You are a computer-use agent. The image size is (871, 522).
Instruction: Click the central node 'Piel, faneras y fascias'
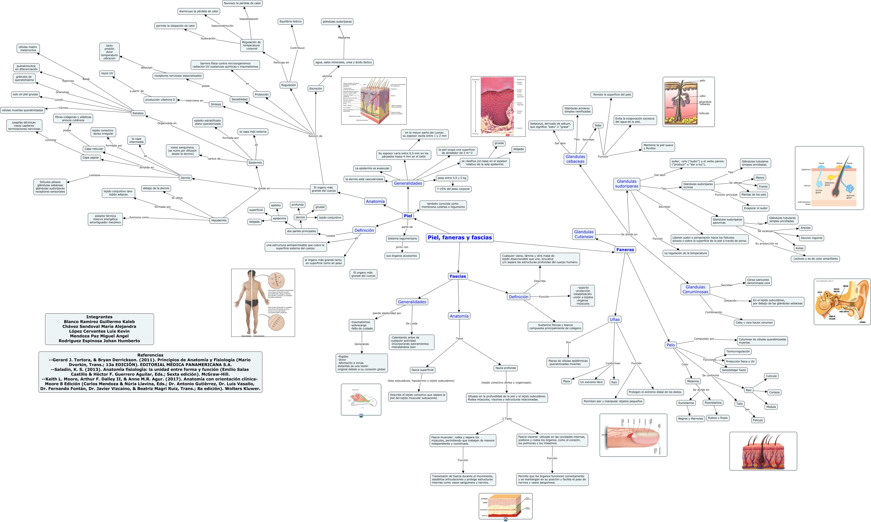(460, 238)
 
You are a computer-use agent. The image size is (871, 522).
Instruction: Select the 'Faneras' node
(625, 250)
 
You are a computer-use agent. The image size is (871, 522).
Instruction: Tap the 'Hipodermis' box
(219, 221)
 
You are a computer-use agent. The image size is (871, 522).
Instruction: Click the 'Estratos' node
(138, 113)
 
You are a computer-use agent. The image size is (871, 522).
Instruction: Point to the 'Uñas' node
(615, 319)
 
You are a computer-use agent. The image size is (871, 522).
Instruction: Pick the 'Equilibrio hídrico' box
(290, 21)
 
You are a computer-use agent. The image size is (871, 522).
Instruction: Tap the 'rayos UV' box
(107, 74)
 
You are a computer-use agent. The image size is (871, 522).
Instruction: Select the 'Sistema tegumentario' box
(402, 239)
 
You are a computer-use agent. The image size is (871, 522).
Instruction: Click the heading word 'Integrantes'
(99, 317)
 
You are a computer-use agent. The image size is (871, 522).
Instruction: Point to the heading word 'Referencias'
(150, 355)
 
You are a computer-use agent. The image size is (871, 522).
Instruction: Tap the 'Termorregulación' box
(738, 352)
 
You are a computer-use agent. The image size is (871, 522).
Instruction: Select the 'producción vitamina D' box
(160, 100)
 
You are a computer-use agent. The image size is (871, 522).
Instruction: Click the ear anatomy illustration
(842, 302)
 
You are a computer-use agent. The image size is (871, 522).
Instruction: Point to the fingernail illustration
(633, 435)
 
